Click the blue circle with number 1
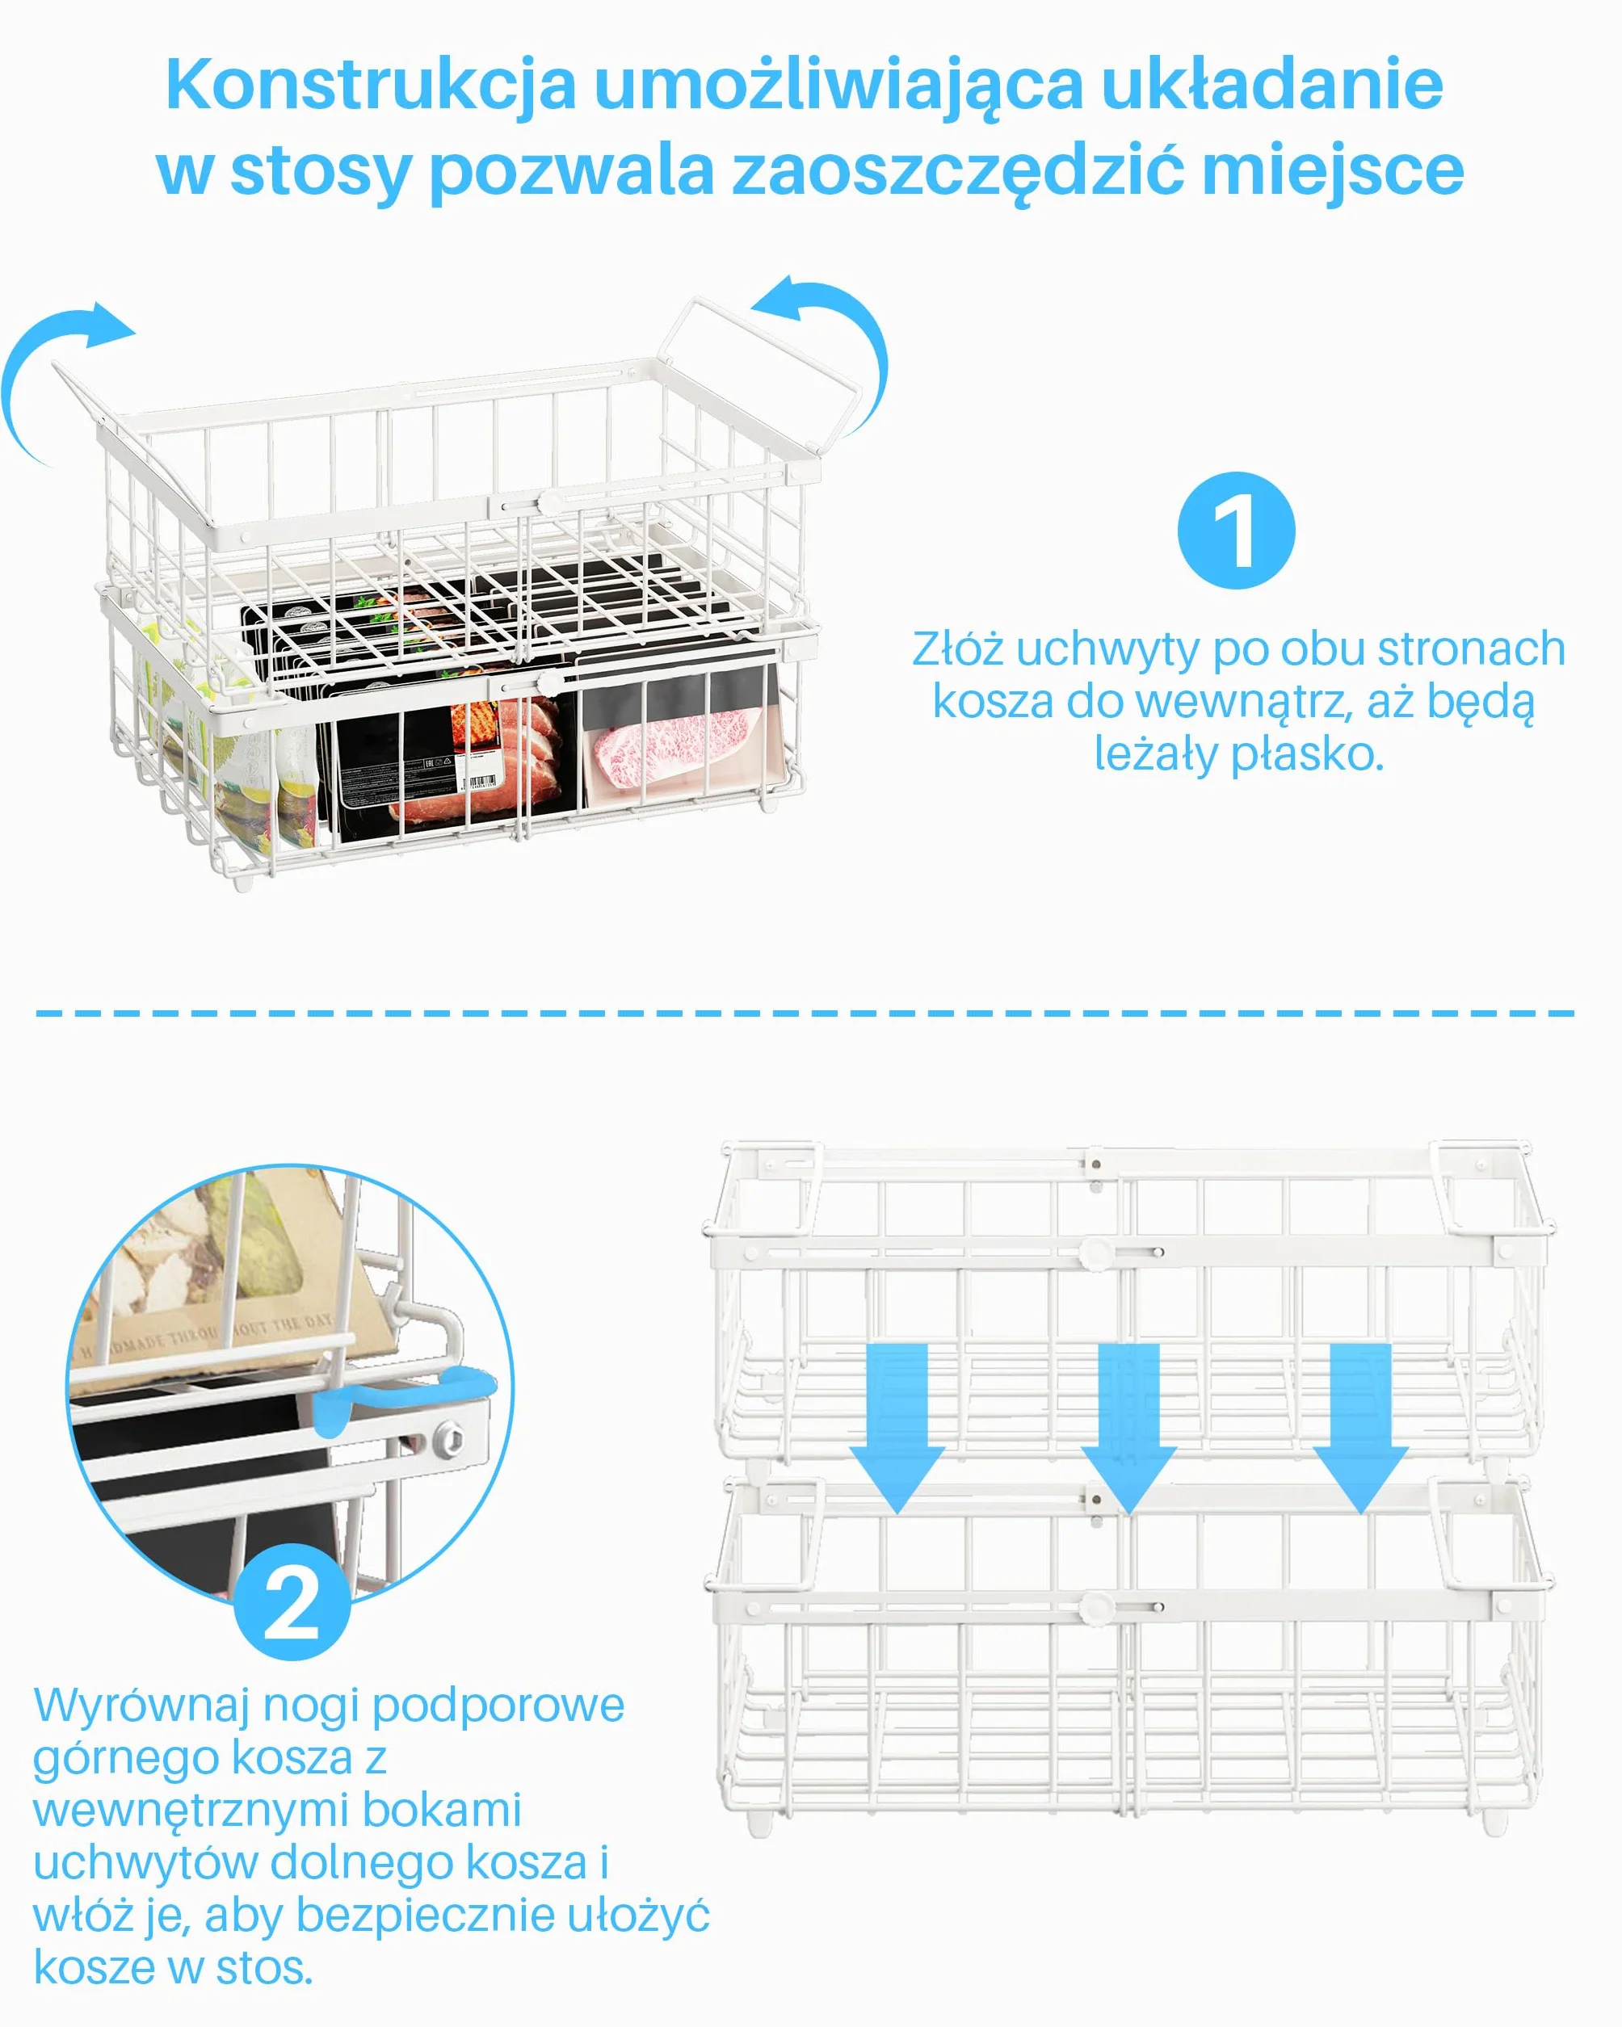pos(1236,531)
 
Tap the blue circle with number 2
pos(292,1601)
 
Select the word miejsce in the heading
pos(1332,172)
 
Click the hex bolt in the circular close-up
pos(448,1437)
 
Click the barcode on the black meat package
pos(481,783)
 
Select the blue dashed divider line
pos(805,1013)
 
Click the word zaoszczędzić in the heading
pos(957,172)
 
